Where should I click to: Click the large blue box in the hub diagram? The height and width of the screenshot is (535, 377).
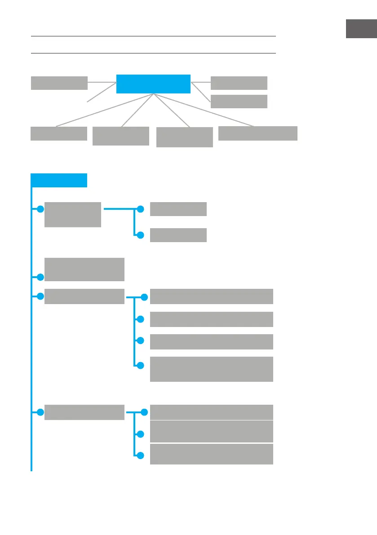tap(153, 84)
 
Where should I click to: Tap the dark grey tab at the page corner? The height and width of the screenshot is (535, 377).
tap(361, 29)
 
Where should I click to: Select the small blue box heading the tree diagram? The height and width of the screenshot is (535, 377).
tap(59, 180)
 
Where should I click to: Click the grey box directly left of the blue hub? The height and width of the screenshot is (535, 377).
tap(59, 83)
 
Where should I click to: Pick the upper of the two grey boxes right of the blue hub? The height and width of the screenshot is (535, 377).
tap(239, 83)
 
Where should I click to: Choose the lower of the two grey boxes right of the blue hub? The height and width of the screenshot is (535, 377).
tap(239, 102)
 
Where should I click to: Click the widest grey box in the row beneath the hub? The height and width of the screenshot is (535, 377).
tap(257, 133)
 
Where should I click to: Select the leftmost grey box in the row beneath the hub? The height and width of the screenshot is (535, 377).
tap(58, 133)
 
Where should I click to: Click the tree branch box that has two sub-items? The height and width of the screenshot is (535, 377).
tap(73, 215)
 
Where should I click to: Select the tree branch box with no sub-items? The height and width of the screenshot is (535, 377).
tap(84, 270)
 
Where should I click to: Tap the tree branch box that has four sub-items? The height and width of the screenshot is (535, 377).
tap(84, 296)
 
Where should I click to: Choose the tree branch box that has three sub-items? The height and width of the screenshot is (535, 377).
tap(84, 412)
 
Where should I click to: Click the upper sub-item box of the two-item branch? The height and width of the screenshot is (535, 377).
tap(178, 209)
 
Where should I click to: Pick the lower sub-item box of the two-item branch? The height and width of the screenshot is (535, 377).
tap(178, 235)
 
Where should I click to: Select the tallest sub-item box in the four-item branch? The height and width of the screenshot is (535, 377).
tap(211, 369)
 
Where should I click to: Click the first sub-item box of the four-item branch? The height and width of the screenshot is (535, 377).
tap(211, 296)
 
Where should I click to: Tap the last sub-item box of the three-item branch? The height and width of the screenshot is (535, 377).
tap(211, 454)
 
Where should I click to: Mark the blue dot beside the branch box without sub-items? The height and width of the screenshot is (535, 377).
tap(40, 277)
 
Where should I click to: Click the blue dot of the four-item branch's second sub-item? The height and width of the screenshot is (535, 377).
tap(140, 319)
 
